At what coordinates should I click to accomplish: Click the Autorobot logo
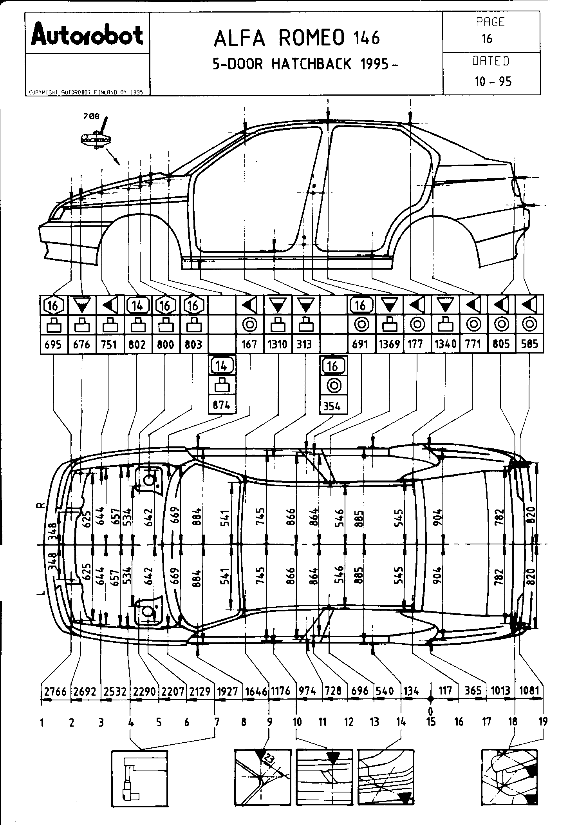click(87, 35)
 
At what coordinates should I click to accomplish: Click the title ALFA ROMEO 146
click(296, 38)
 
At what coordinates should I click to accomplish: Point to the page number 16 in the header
click(487, 38)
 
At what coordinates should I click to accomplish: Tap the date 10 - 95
click(493, 82)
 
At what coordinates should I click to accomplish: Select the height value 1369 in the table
click(389, 344)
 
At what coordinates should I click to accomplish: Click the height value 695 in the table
click(53, 345)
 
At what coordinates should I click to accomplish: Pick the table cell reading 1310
click(278, 344)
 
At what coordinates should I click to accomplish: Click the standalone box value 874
click(221, 405)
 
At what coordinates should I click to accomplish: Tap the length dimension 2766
click(56, 691)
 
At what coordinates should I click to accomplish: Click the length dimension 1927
click(227, 691)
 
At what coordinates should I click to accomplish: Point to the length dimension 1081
click(529, 690)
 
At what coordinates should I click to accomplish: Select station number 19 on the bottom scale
click(543, 722)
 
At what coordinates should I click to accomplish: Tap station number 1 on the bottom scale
click(42, 722)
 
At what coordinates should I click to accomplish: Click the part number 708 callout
click(91, 116)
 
